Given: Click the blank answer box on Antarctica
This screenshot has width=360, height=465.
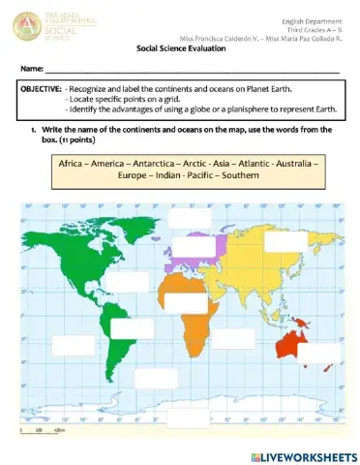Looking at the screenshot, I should (x=189, y=417).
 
